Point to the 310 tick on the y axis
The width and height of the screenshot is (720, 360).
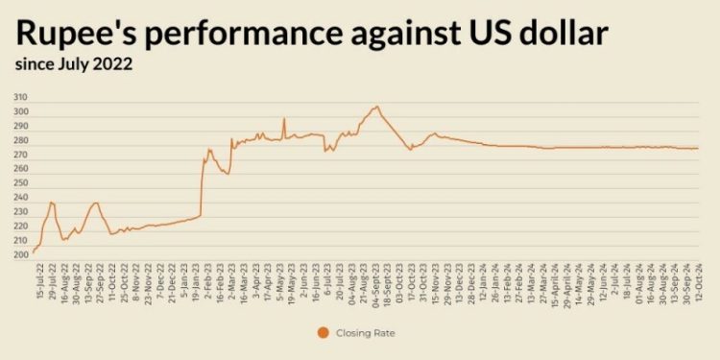[x=20, y=98]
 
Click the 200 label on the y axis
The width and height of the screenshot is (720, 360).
[x=20, y=254]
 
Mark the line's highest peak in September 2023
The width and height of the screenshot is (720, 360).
[x=377, y=107]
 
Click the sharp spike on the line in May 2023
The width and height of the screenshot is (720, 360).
[x=284, y=119]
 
